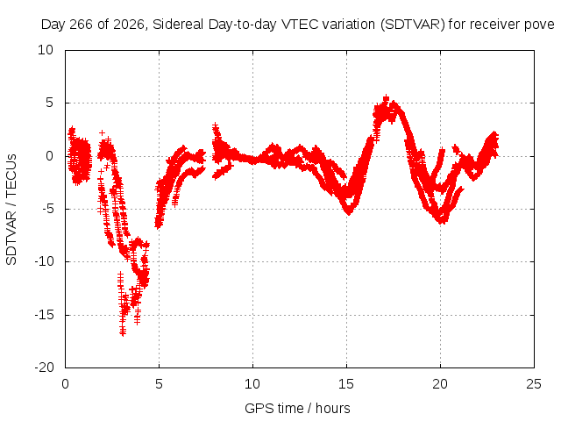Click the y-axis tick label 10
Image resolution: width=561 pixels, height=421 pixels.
pyautogui.click(x=46, y=50)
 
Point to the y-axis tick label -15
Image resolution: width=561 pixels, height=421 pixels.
pyautogui.click(x=44, y=315)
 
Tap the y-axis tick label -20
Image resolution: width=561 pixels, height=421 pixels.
pyautogui.click(x=44, y=367)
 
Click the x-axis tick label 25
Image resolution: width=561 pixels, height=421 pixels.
pyautogui.click(x=534, y=384)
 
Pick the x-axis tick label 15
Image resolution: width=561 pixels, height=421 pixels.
pyautogui.click(x=346, y=384)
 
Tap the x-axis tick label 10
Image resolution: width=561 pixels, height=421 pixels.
pyautogui.click(x=252, y=384)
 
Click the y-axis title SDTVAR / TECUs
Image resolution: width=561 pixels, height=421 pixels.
pyautogui.click(x=11, y=210)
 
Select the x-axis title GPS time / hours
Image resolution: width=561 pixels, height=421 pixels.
pyautogui.click(x=297, y=408)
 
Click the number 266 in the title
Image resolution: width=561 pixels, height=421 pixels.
pyautogui.click(x=81, y=25)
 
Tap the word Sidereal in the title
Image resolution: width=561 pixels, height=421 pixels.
pyautogui.click(x=178, y=25)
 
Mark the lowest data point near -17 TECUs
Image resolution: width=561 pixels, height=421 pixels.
pyautogui.click(x=123, y=333)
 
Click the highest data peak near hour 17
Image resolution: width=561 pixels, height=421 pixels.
pyautogui.click(x=386, y=97)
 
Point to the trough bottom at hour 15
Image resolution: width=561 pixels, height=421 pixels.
pyautogui.click(x=349, y=212)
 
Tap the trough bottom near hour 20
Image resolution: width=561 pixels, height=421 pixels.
pyautogui.click(x=443, y=221)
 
